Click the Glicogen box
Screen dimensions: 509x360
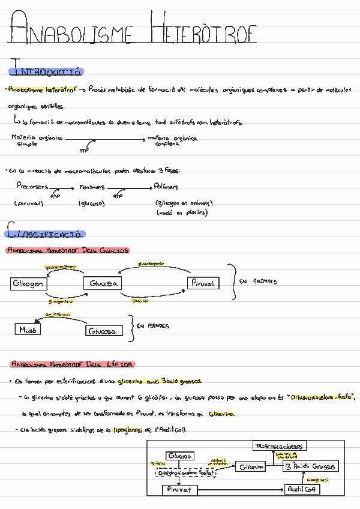pyautogui.click(x=29, y=283)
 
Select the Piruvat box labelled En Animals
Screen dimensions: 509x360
pyautogui.click(x=204, y=283)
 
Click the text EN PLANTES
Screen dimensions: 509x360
pyautogui.click(x=153, y=326)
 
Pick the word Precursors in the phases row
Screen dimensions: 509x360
pyautogui.click(x=32, y=187)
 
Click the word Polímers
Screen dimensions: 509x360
pyautogui.click(x=166, y=187)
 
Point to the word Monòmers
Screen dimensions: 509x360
pyautogui.click(x=92, y=187)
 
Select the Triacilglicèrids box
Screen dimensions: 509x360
pyautogui.click(x=281, y=446)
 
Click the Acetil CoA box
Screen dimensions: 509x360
pyautogui.click(x=304, y=489)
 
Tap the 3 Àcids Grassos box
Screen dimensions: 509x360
pyautogui.click(x=310, y=466)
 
